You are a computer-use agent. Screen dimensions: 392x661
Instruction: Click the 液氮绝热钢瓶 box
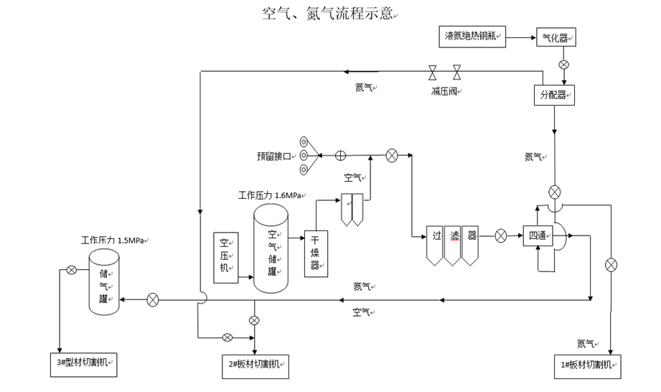[x=471, y=36]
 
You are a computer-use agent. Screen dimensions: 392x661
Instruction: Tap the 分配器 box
[x=555, y=94]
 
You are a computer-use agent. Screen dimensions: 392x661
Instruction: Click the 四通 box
[x=537, y=235]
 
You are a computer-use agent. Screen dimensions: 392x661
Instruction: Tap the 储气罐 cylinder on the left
[x=103, y=282]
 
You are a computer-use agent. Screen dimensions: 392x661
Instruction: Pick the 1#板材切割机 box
[x=587, y=365]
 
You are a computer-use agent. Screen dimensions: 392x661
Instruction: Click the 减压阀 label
[x=445, y=91]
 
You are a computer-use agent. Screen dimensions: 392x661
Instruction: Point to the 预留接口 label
[x=274, y=156]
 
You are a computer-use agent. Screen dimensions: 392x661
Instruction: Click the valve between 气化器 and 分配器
[x=563, y=65]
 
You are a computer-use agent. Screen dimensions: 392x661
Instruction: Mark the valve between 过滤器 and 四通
[x=501, y=235]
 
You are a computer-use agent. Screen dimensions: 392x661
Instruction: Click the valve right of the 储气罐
[x=153, y=299]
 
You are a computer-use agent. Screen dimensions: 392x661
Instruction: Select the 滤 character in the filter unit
[x=453, y=235]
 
